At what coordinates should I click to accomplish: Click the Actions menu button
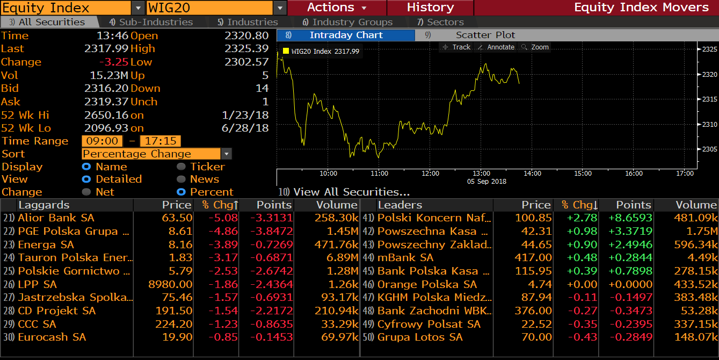[337, 8]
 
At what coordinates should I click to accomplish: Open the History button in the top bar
[430, 8]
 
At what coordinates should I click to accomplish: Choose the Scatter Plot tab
[485, 35]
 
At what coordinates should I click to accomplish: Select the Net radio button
[86, 192]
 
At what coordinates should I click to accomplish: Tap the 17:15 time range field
[160, 141]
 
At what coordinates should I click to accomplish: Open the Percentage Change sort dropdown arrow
[227, 154]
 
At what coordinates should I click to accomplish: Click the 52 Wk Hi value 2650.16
[106, 115]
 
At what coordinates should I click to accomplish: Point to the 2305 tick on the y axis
[709, 149]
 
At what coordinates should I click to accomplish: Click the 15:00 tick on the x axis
[583, 174]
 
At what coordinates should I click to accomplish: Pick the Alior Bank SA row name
[56, 218]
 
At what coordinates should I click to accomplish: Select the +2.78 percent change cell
[582, 218]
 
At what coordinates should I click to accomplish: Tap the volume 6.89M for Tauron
[343, 257]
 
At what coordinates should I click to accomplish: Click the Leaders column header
[400, 205]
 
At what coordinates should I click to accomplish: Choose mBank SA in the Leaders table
[405, 257]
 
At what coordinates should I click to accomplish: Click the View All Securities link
[351, 192]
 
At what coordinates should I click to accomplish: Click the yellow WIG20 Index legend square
[286, 51]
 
